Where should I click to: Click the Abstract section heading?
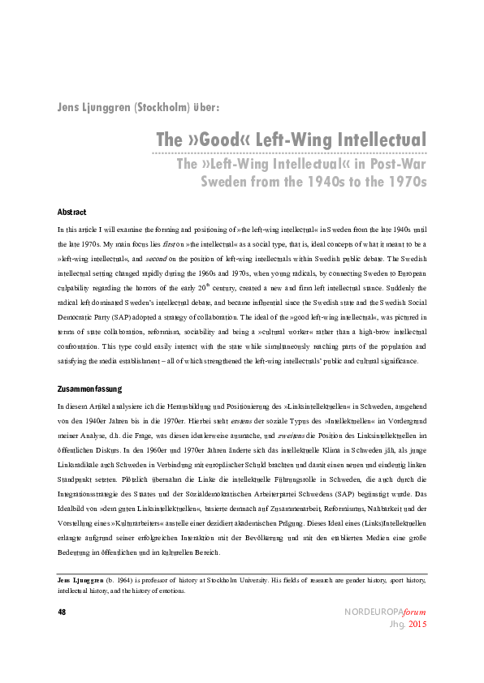click(x=71, y=212)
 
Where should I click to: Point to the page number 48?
click(x=62, y=612)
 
